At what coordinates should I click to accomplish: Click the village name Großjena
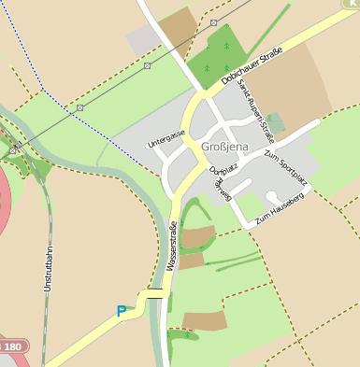[x=224, y=147]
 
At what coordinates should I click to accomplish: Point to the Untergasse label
[x=166, y=140]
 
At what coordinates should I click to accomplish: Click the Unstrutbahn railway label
[x=48, y=270]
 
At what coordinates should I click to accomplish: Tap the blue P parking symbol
[x=121, y=311]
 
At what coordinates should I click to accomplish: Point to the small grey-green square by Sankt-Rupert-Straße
[x=275, y=123]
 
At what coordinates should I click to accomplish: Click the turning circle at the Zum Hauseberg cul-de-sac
[x=271, y=197]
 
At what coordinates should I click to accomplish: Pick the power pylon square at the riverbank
[x=12, y=149]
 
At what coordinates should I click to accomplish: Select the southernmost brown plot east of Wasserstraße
[x=204, y=321]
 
